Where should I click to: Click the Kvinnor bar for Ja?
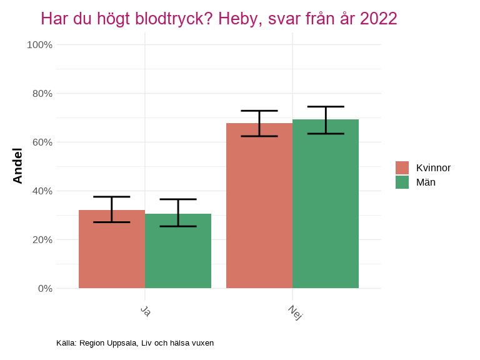point(112,250)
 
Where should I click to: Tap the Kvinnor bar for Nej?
point(259,206)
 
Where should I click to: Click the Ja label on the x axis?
point(146,311)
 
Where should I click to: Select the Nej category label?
point(295,312)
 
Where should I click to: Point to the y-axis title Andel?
point(17,166)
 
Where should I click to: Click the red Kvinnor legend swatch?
point(402,167)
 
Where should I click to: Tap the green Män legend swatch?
point(402,182)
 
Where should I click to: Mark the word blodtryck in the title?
point(172,19)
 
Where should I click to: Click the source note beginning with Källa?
point(135,343)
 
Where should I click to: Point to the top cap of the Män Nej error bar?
point(326,107)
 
